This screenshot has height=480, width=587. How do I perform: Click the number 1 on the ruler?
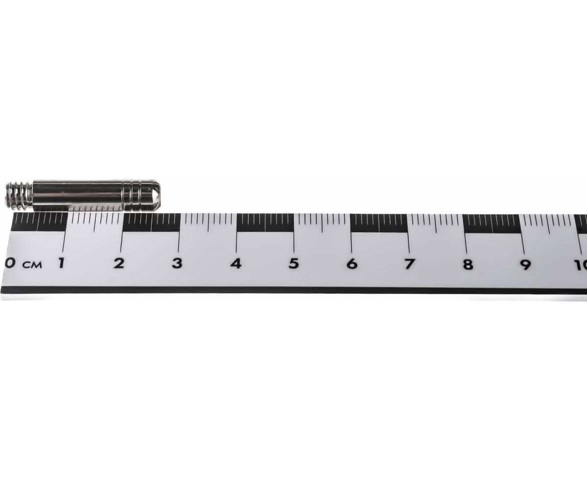(x=62, y=263)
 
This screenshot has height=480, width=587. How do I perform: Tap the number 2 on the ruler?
(x=119, y=263)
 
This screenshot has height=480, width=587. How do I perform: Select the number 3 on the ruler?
(x=177, y=263)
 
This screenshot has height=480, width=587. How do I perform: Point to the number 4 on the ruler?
(x=235, y=263)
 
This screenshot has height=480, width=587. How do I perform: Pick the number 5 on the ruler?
(x=293, y=263)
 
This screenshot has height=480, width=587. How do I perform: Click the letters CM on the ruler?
(x=32, y=265)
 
